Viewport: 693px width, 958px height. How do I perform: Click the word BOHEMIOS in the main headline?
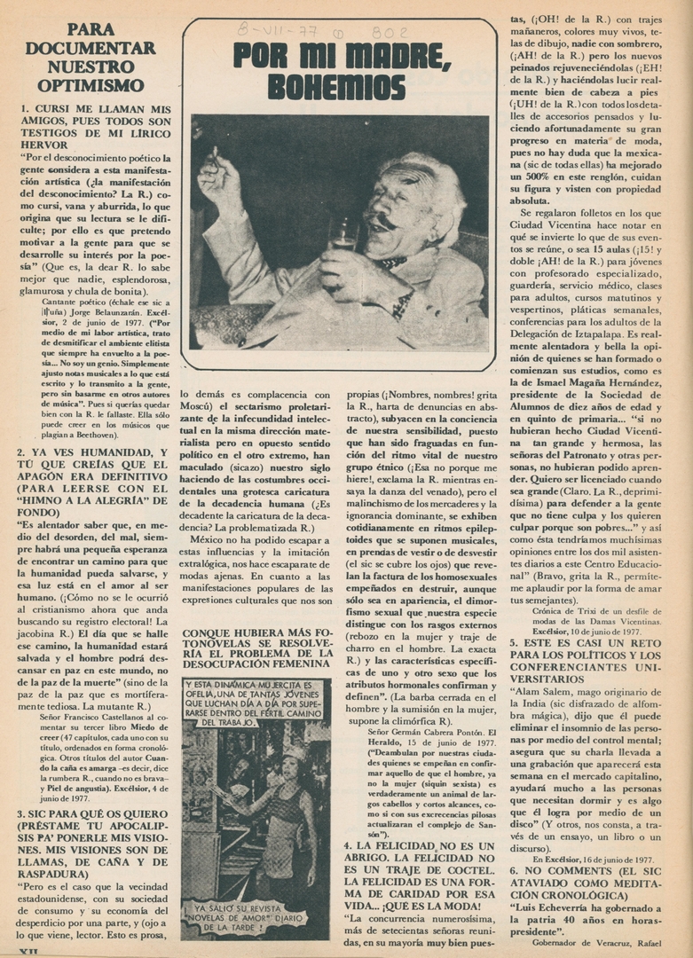[339, 86]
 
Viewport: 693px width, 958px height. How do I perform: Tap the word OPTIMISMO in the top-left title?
[91, 85]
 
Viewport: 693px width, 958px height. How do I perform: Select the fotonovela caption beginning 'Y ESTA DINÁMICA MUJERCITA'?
[256, 703]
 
